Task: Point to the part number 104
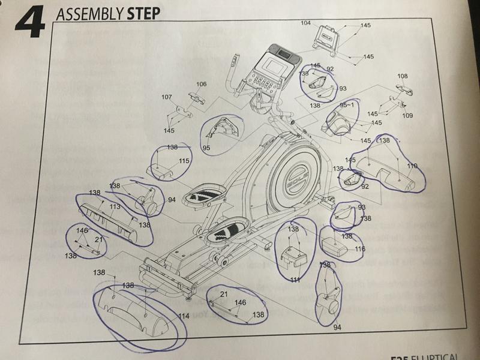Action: point(306,23)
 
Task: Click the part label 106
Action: point(201,84)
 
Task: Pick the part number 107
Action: point(167,97)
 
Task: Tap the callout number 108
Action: point(402,76)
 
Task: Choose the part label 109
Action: point(407,115)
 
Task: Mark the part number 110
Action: point(412,166)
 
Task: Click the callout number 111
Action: point(295,280)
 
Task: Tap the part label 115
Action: point(184,161)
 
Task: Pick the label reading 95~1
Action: point(347,105)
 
